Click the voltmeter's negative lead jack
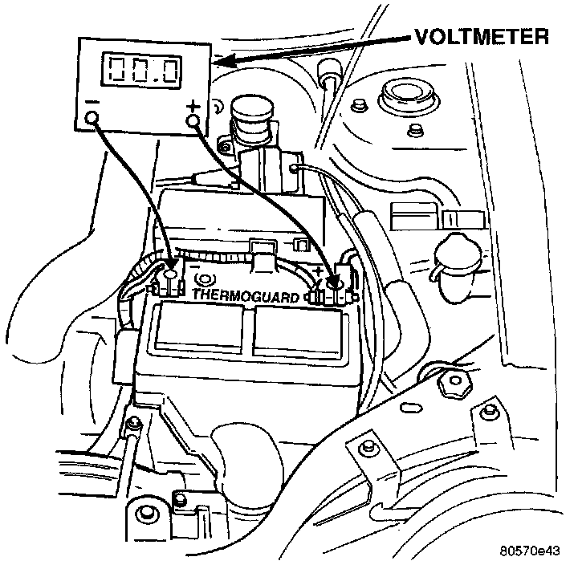92,120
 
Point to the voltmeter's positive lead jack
193,121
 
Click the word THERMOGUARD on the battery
246,295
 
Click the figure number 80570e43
527,551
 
